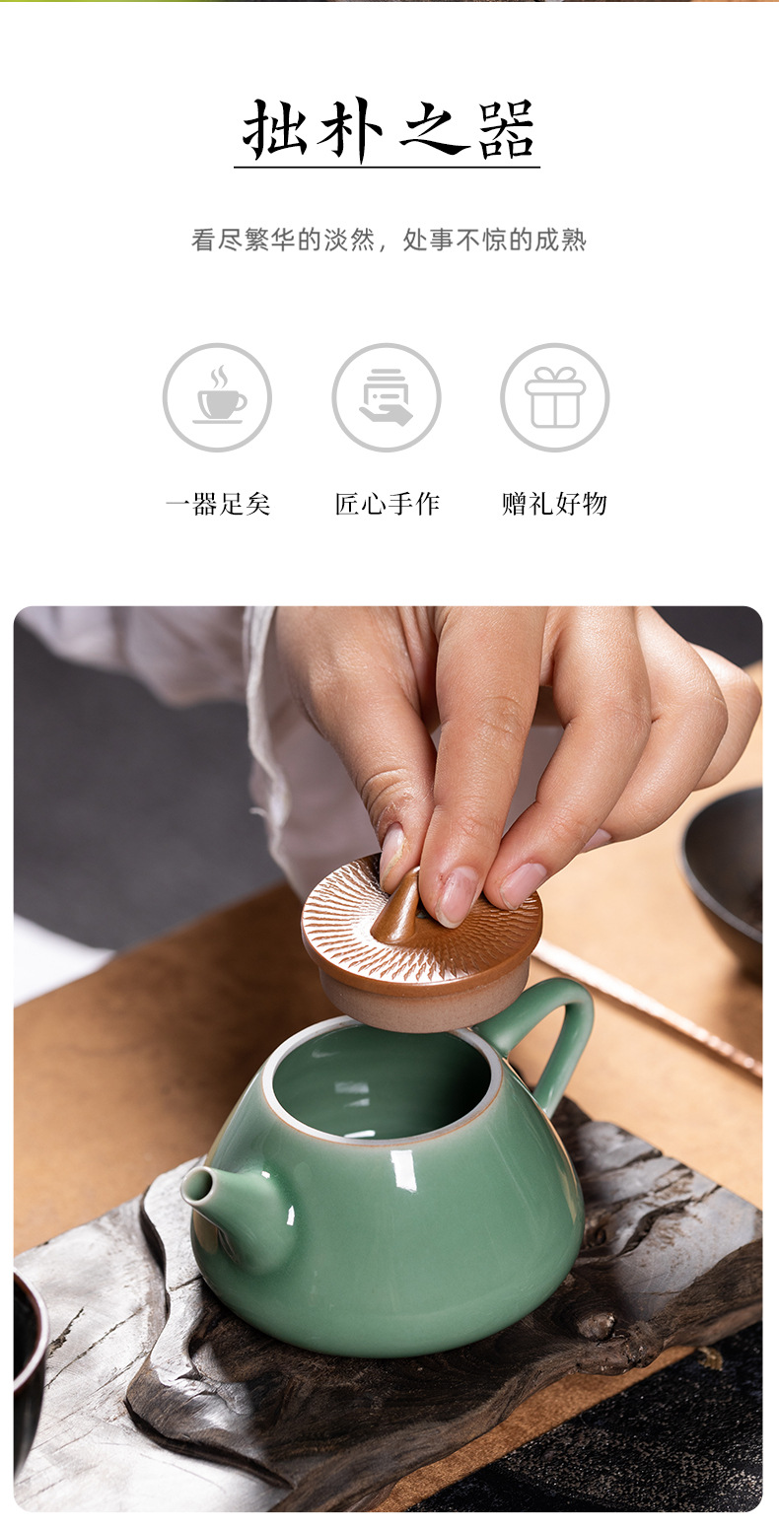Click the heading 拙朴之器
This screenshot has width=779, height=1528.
pyautogui.click(x=389, y=131)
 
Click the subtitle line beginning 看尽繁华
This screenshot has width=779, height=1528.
pyautogui.click(x=389, y=240)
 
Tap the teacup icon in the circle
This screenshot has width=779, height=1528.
pyautogui.click(x=217, y=397)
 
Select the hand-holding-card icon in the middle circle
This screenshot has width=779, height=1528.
pyautogui.click(x=387, y=397)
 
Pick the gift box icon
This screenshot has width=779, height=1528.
pyautogui.click(x=554, y=397)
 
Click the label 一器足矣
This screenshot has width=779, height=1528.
pyautogui.click(x=217, y=505)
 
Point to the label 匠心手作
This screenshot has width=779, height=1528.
pyautogui.click(x=387, y=505)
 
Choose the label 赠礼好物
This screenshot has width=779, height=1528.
pyautogui.click(x=554, y=505)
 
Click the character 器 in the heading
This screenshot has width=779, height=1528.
pyautogui.click(x=507, y=131)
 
